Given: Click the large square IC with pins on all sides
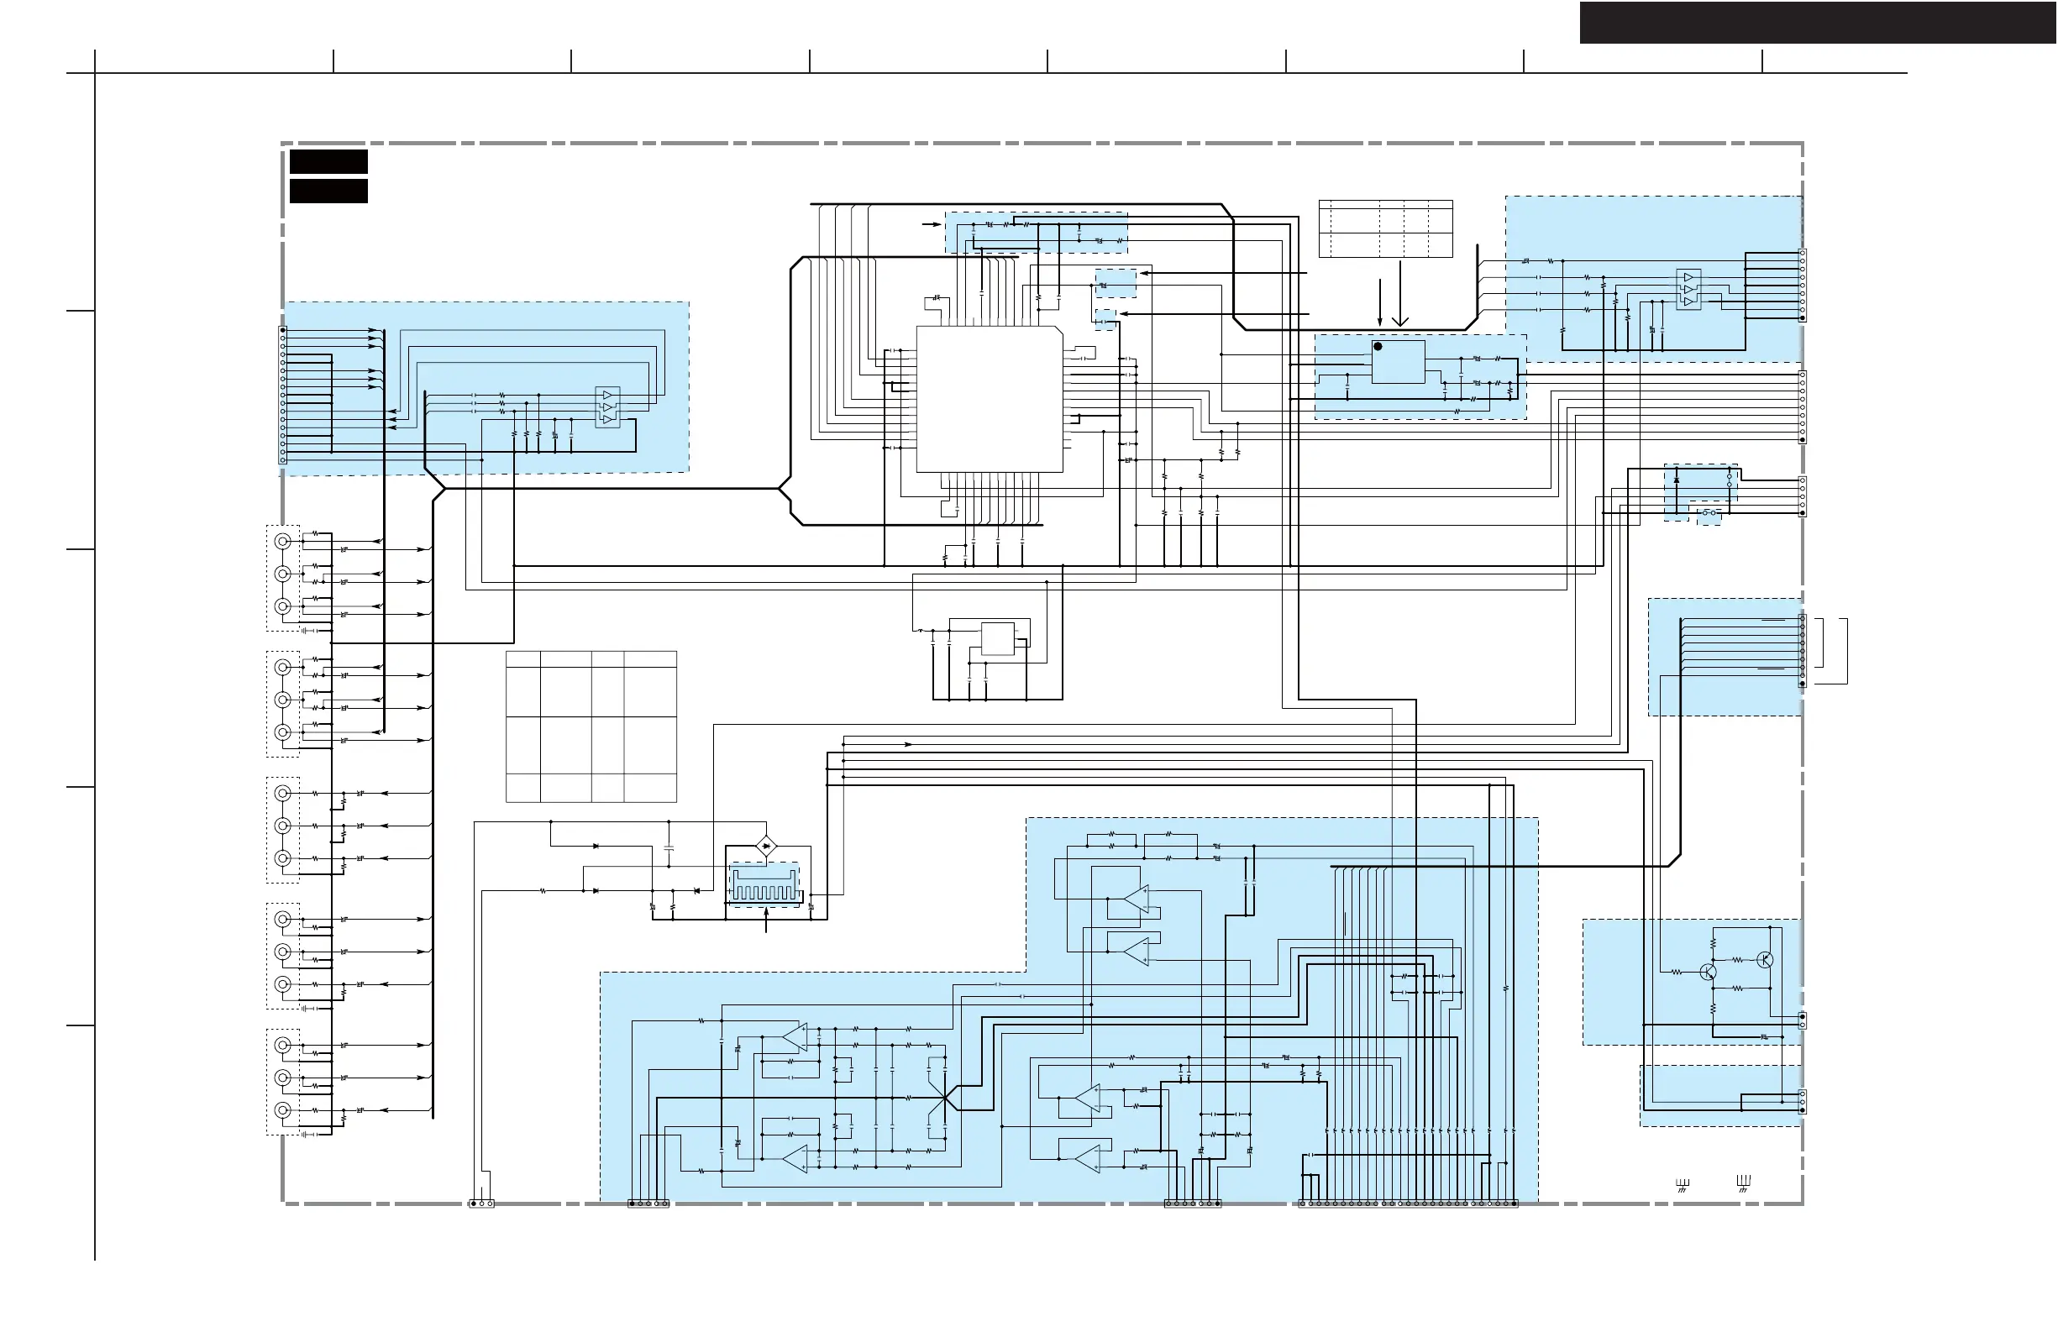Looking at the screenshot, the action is point(990,399).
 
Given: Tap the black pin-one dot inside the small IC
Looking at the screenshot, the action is point(1378,347).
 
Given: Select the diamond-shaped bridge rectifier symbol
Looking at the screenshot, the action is point(765,846).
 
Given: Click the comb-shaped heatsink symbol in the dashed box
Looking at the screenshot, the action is point(763,889).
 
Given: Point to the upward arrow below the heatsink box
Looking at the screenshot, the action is point(766,920).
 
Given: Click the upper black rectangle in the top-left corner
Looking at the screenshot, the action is point(328,161).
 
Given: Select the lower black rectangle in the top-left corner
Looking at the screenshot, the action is point(328,191).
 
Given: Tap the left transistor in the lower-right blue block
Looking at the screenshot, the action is point(1708,973).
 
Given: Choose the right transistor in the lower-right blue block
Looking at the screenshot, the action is point(1765,960).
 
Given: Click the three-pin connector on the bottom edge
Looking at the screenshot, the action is point(481,1204).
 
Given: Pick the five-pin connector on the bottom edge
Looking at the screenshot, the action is point(648,1204).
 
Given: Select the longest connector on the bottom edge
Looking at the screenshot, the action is point(1408,1204).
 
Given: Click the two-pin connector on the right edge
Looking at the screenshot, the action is point(1802,1020).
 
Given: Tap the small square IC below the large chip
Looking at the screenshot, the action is point(997,639).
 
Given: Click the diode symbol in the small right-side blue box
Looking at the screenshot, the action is point(1677,479).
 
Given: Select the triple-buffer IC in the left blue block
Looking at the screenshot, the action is point(608,407).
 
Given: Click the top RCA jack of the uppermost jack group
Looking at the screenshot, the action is point(282,541).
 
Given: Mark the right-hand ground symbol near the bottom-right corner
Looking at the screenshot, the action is point(1743,1183).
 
